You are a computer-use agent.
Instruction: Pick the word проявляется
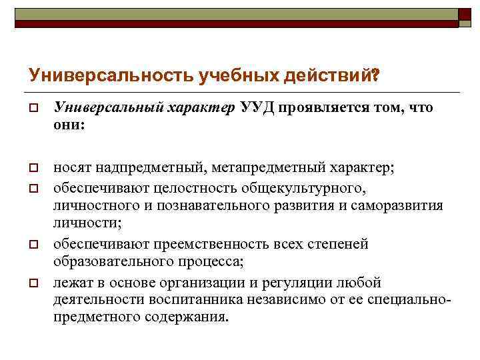click(x=323, y=109)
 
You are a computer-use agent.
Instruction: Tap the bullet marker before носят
click(x=31, y=166)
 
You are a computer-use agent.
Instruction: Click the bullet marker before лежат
click(x=31, y=284)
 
